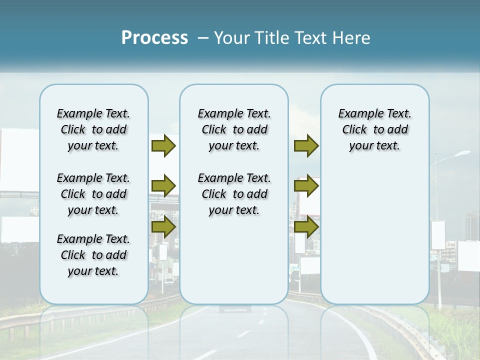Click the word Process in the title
click(154, 38)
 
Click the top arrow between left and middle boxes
click(163, 145)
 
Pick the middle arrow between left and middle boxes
click(163, 186)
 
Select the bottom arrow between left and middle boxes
click(163, 227)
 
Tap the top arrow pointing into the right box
click(306, 145)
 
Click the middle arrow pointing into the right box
click(306, 186)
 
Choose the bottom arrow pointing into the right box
click(306, 227)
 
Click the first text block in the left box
click(93, 129)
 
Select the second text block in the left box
click(93, 194)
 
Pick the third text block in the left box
click(93, 255)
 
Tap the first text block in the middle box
click(234, 129)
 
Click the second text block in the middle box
click(234, 194)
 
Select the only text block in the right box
click(374, 129)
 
